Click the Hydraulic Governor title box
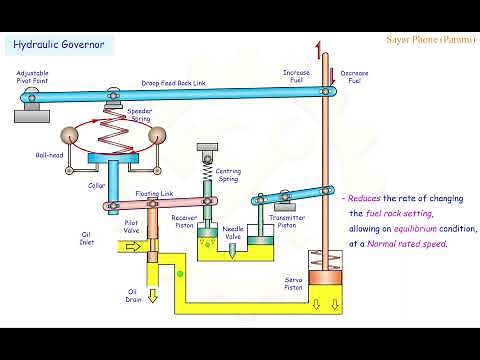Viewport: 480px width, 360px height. pyautogui.click(x=58, y=45)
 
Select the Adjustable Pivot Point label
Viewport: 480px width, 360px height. pyautogui.click(x=36, y=79)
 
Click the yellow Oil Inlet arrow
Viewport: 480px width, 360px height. pyautogui.click(x=134, y=249)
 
